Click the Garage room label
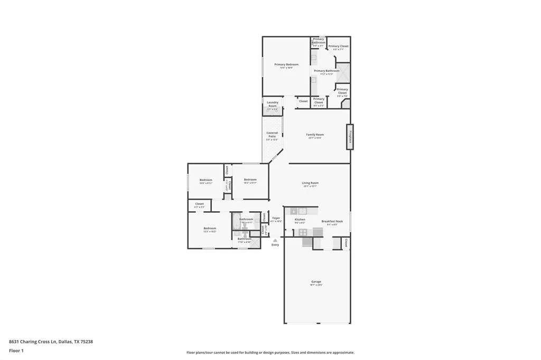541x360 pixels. coord(316,282)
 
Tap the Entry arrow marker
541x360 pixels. coord(275,241)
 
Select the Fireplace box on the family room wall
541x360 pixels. coord(349,137)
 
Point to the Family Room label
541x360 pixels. coord(315,135)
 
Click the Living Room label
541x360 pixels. coord(310,183)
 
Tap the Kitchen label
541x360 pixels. coord(300,219)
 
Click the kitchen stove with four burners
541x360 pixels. coord(303,232)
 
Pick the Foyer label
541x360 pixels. coord(276,218)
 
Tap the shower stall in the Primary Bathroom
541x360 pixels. coord(343,72)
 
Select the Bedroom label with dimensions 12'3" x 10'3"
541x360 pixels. coord(210,229)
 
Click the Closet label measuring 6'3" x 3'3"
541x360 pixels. coord(199,204)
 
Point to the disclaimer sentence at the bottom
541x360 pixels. coord(270,353)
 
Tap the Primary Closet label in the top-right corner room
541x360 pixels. coord(338,46)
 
